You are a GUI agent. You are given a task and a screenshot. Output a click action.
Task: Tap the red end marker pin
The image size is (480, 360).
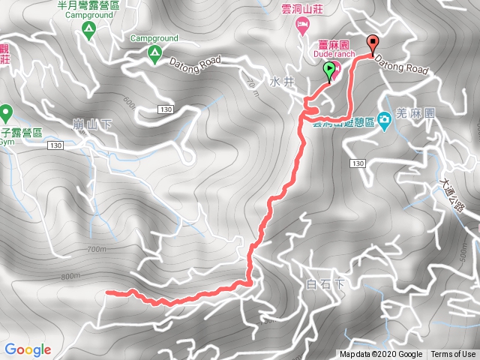[372, 43]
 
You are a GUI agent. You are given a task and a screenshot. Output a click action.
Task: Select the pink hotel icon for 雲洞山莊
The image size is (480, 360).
[301, 28]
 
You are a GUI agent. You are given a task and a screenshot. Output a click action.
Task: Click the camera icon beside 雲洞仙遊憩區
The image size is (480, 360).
[383, 118]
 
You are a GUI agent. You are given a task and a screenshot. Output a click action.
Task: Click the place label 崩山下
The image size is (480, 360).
[96, 123]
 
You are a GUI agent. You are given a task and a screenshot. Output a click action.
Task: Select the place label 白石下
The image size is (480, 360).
[325, 284]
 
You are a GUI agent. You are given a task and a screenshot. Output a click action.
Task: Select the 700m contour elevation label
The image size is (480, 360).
[97, 249]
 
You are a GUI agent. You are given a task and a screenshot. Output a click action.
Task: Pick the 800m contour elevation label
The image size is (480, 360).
[70, 276]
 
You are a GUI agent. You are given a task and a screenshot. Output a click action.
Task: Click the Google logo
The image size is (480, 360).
[28, 349]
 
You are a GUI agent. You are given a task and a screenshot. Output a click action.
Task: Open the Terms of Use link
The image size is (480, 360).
[453, 355]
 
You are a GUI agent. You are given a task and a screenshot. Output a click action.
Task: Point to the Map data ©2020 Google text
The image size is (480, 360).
[381, 355]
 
